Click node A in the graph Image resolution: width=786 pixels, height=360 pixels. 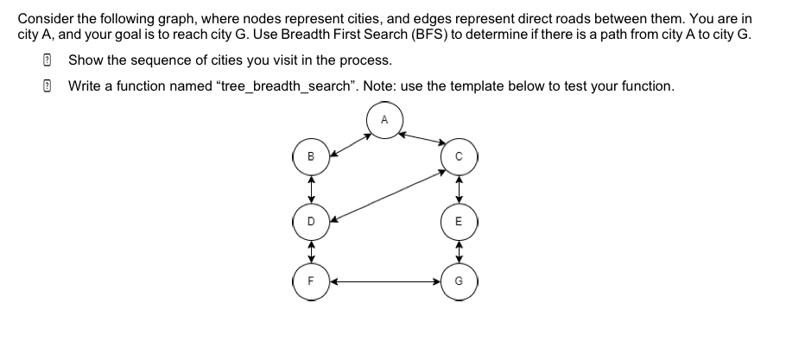(383, 119)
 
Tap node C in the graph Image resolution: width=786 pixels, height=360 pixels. (460, 158)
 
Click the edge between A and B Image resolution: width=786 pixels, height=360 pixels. (349, 139)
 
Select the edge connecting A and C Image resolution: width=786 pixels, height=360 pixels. (421, 138)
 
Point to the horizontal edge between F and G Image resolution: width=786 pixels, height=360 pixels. (386, 281)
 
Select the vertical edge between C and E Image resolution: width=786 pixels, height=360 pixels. (460, 189)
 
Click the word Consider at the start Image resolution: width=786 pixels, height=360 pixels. (43, 17)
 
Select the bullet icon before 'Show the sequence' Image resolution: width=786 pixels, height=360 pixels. (48, 60)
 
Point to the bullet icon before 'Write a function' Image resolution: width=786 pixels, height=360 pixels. (48, 86)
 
